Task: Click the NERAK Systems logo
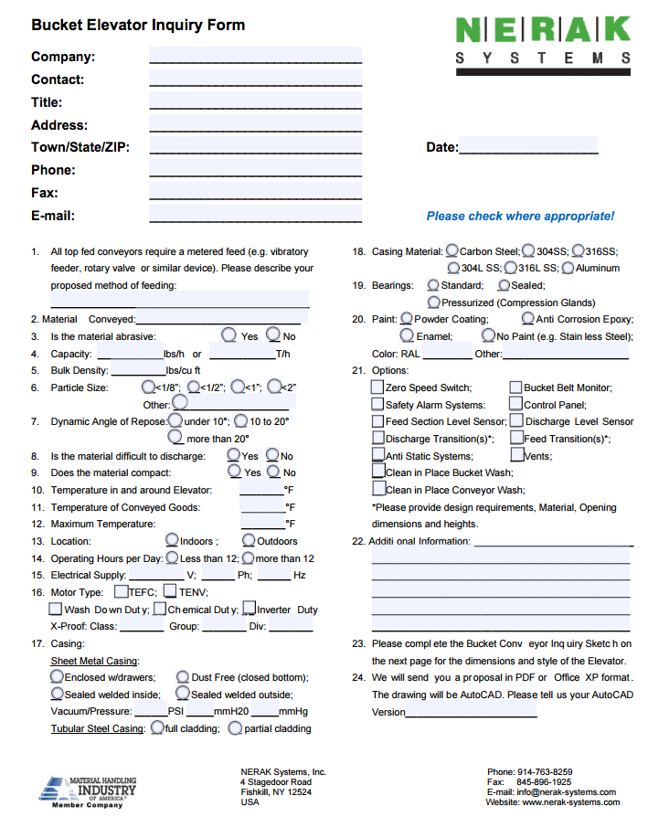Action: [543, 40]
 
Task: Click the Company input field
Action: [255, 56]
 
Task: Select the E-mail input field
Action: [255, 215]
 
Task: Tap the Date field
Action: [527, 146]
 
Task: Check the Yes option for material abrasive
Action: [229, 335]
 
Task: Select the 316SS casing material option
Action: [579, 250]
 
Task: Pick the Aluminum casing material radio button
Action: [568, 268]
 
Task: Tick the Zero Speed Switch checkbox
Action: [377, 387]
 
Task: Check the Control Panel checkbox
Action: [516, 404]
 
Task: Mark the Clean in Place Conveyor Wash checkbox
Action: [378, 489]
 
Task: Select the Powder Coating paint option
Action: [406, 319]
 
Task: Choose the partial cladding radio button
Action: [235, 728]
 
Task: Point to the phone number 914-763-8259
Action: [544, 772]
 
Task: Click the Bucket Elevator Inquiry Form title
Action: [138, 26]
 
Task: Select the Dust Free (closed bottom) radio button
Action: [183, 677]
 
